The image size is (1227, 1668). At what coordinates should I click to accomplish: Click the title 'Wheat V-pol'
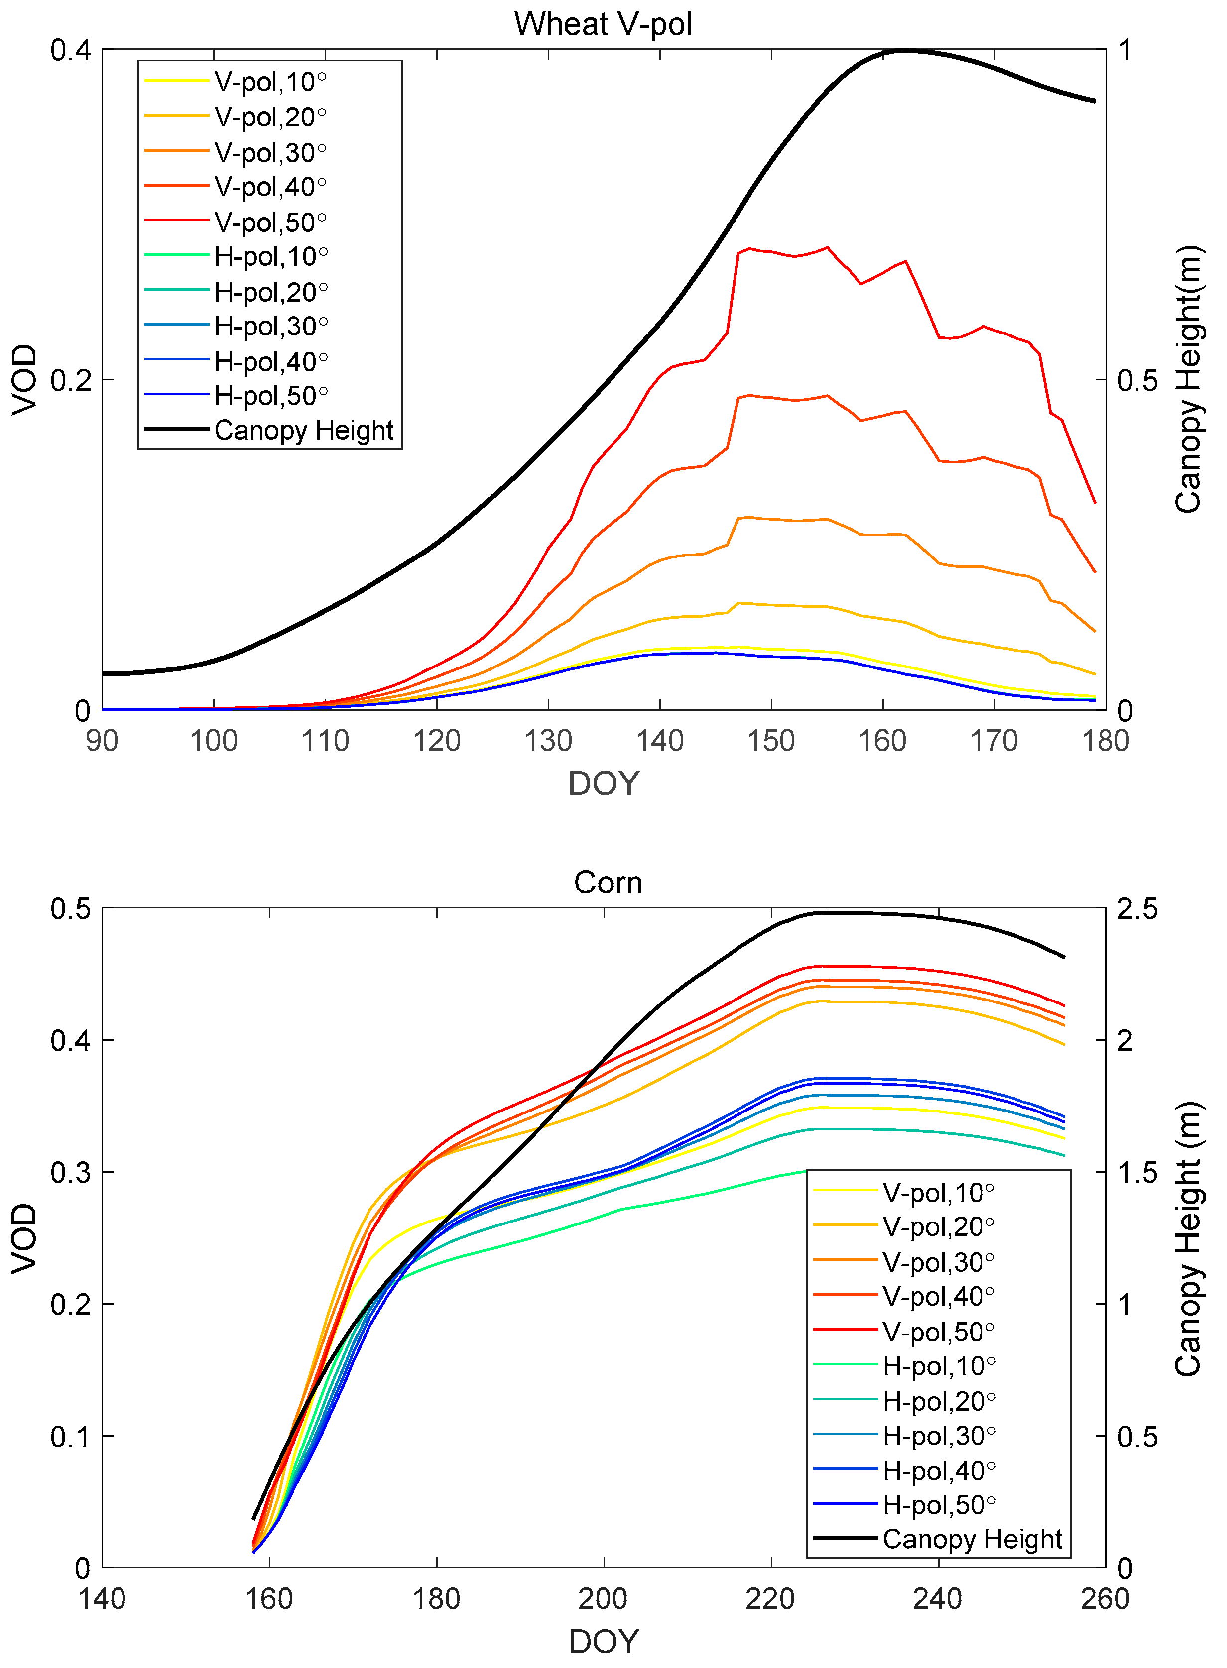click(x=603, y=24)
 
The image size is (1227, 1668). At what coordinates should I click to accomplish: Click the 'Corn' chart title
click(x=608, y=883)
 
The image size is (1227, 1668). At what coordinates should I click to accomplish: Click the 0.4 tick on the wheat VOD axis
click(x=71, y=50)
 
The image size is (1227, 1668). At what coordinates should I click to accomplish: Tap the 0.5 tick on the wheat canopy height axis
click(x=1137, y=381)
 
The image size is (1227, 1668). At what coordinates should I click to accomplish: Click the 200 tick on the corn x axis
click(x=603, y=1598)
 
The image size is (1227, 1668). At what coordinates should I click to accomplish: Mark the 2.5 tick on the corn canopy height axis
click(x=1137, y=909)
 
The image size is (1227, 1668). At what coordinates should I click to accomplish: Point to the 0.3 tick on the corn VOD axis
click(x=71, y=1173)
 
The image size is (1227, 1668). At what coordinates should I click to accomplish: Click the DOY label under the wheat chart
click(x=603, y=784)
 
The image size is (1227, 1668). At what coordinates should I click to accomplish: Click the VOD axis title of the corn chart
click(x=24, y=1238)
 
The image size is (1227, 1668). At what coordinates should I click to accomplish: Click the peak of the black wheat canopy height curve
click(x=905, y=50)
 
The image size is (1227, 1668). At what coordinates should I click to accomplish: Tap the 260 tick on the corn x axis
click(x=1105, y=1598)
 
